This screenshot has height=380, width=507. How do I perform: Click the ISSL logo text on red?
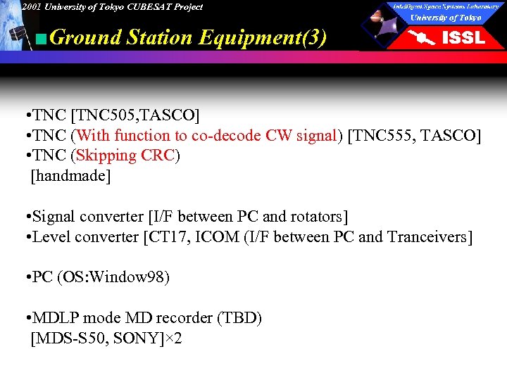click(463, 38)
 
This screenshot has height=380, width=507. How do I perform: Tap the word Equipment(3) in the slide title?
click(263, 37)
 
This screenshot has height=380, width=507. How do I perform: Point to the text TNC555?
click(384, 135)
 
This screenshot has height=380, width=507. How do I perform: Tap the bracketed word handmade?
click(70, 176)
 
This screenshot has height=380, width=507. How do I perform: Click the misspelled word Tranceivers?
click(427, 237)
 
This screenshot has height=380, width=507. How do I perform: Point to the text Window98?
click(130, 277)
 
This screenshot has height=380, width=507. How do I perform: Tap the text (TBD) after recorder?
click(239, 318)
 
